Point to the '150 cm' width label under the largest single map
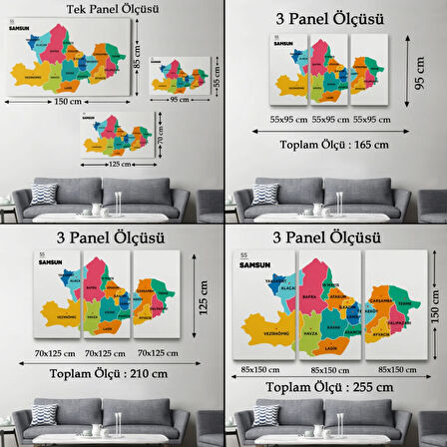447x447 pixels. tap(69, 101)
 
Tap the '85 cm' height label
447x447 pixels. tap(137, 48)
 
